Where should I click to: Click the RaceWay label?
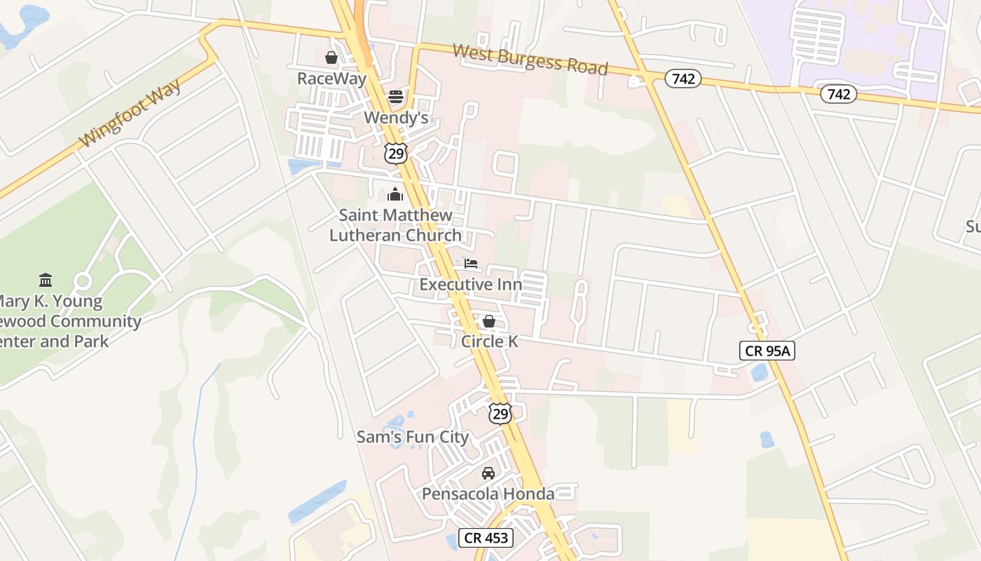[331, 78]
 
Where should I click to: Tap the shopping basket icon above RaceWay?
[331, 58]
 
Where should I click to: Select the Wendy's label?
[396, 117]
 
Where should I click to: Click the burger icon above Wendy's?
[396, 97]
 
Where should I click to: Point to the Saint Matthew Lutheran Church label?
[396, 225]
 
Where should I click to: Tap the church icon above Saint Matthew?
[396, 194]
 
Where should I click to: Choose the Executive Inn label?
[471, 284]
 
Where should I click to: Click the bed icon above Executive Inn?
[471, 264]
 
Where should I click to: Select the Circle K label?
[489, 342]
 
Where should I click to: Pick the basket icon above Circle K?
[489, 321]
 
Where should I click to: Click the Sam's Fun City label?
[413, 437]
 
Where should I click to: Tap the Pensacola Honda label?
[488, 494]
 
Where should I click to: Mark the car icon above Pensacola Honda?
[488, 473]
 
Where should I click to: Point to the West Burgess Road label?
[530, 60]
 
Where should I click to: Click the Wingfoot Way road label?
[130, 113]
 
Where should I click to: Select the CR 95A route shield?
[767, 351]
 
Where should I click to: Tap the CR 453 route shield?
[486, 539]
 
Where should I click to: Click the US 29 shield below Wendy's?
[396, 153]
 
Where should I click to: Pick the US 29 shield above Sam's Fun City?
[500, 413]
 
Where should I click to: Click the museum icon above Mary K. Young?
[46, 280]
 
